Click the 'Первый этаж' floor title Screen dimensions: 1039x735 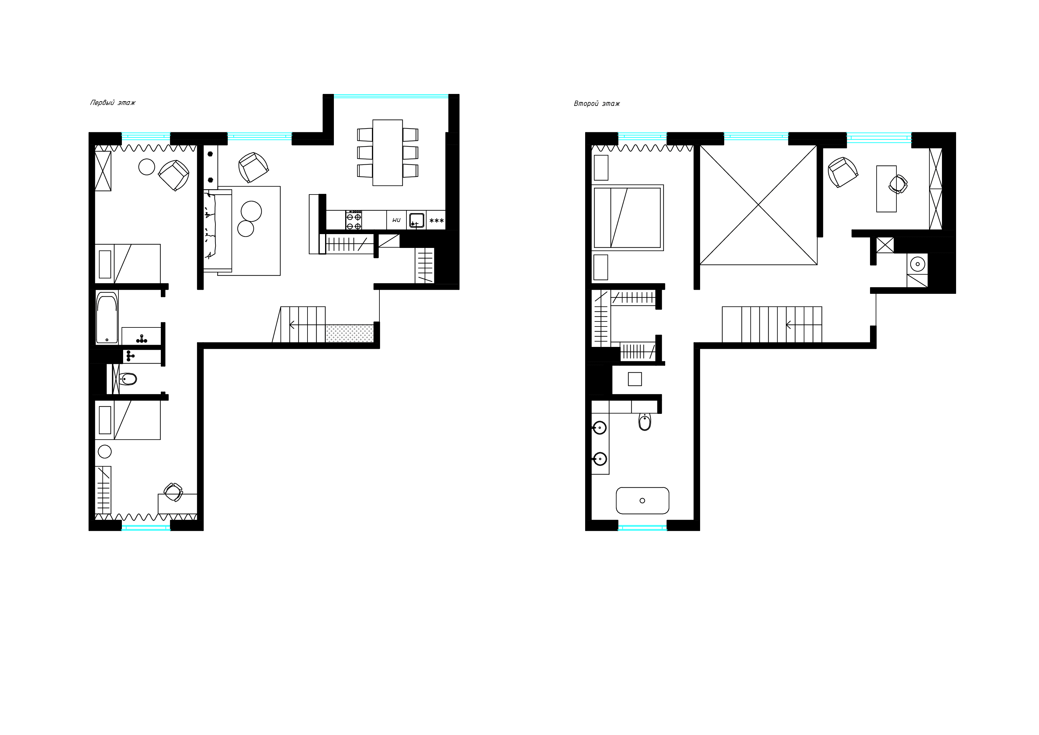113,103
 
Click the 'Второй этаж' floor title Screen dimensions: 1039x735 596,104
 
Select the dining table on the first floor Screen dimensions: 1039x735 387,153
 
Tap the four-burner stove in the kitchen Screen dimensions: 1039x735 354,220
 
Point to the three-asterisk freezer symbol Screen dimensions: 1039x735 436,221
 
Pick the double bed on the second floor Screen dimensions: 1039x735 627,218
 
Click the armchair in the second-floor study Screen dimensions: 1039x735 843,172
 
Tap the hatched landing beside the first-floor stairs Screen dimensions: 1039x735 349,333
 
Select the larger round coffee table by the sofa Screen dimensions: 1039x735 251,211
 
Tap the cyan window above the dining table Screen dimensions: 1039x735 391,96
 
